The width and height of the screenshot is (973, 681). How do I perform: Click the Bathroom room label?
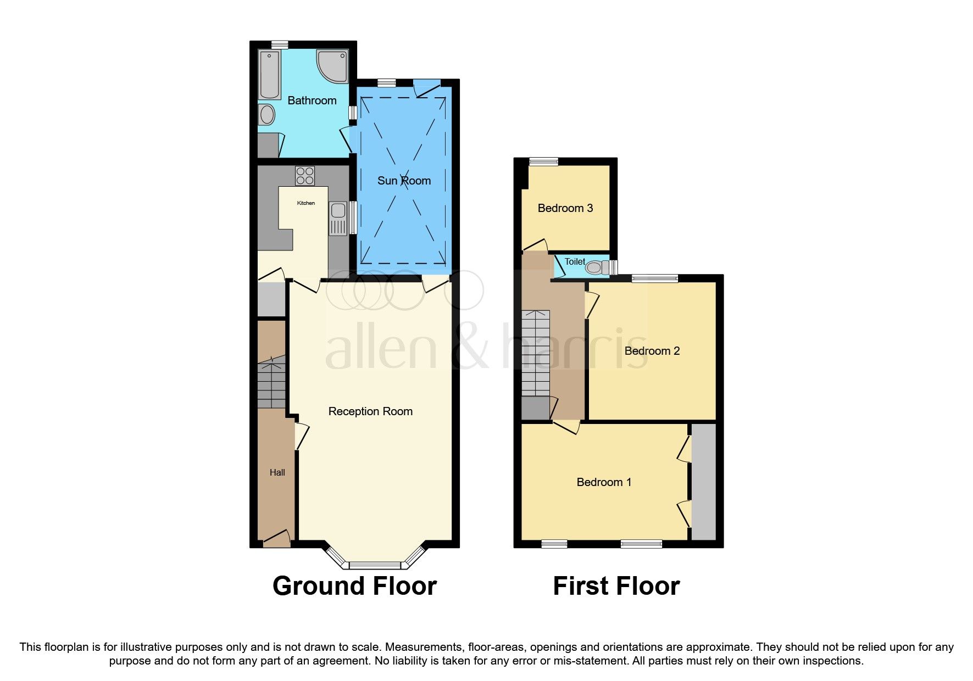coord(312,101)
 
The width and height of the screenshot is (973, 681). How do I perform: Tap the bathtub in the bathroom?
coord(269,74)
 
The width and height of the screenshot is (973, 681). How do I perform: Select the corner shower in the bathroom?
coord(333,65)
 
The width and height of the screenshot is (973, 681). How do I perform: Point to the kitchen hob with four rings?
coord(305,176)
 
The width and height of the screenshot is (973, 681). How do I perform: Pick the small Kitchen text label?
coord(306,203)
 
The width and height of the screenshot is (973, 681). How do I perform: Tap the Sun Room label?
coord(404,181)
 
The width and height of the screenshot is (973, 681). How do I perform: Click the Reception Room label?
coord(370,411)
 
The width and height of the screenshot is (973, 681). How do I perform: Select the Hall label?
coord(277,472)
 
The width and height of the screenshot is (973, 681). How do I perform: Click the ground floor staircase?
coord(271,382)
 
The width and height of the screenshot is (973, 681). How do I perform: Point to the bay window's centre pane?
coord(376,565)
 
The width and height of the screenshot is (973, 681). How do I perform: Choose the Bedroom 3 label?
coord(565,208)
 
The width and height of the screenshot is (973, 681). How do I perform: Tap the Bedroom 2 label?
coord(652,351)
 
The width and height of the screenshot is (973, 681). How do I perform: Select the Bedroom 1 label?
coord(603,482)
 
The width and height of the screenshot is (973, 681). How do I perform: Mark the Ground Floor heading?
coord(354,586)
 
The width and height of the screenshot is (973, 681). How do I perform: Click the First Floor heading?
coord(616,586)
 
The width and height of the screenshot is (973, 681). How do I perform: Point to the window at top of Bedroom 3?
coord(543,161)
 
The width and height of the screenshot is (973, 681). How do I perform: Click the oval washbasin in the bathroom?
coord(267,115)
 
